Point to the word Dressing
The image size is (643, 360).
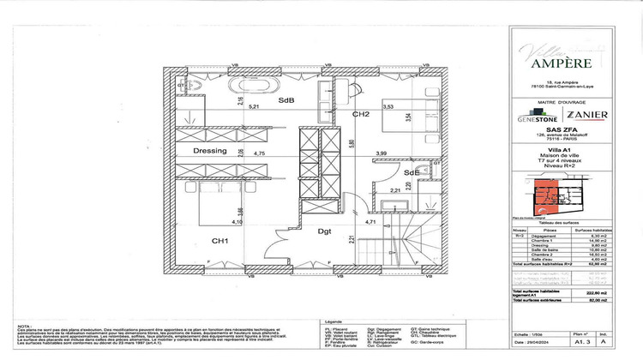pos(209,151)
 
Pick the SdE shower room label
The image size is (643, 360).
pos(412,172)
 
